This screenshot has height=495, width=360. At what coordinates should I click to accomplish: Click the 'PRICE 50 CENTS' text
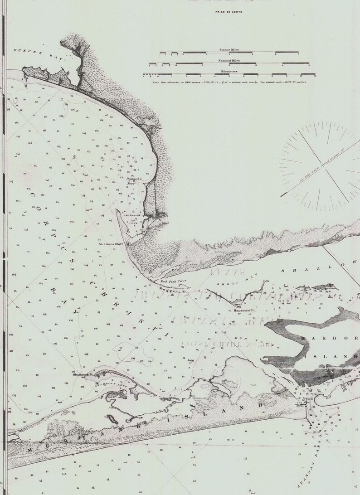[229, 12]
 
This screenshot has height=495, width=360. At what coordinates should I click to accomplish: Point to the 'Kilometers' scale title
[229, 71]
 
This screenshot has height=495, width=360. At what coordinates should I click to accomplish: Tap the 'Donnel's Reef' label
[134, 180]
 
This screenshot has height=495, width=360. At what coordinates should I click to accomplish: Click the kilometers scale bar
[230, 75]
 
